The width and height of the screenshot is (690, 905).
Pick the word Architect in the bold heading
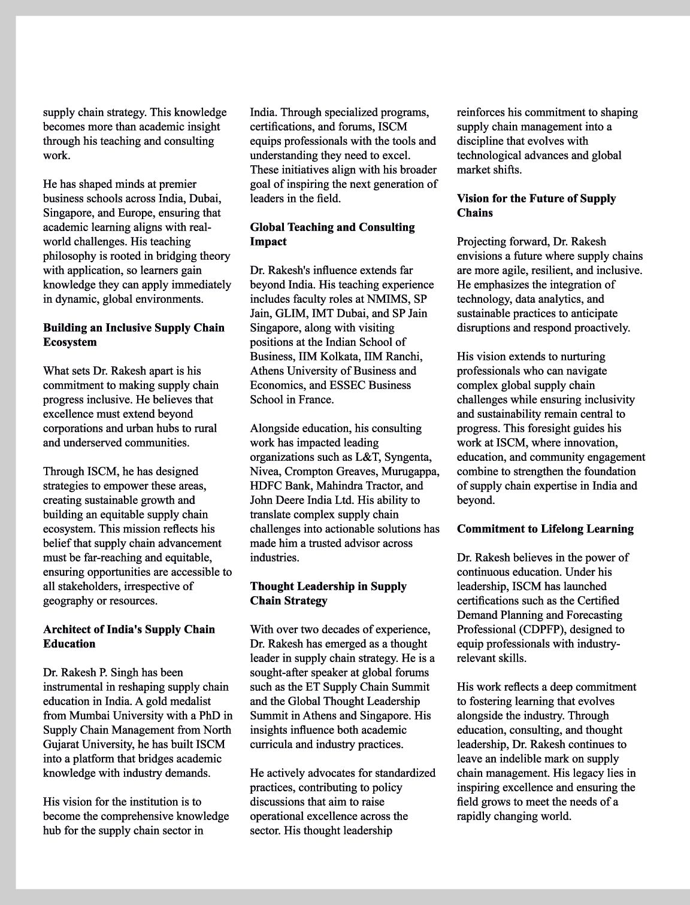pos(68,630)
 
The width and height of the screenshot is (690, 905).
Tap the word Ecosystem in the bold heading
pos(69,342)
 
